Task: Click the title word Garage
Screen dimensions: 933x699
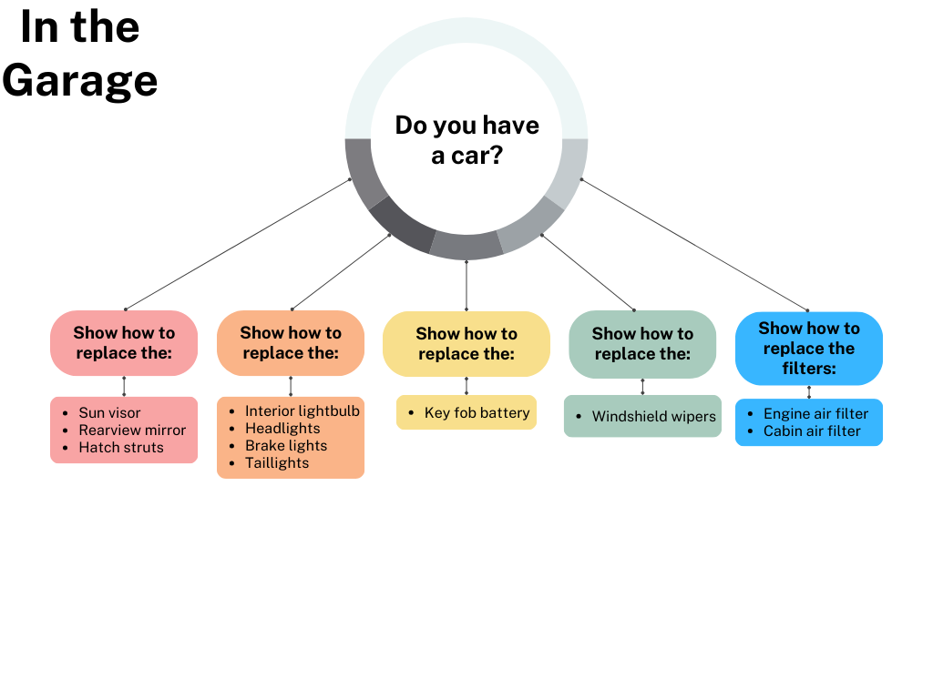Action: click(x=80, y=80)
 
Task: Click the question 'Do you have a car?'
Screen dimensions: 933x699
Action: click(x=466, y=139)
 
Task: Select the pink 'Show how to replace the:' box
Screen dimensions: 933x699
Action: click(x=124, y=343)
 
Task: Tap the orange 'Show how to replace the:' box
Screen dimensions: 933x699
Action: click(x=291, y=343)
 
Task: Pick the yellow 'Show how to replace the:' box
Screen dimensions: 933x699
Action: click(x=466, y=344)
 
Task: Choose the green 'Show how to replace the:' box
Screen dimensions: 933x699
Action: click(x=642, y=344)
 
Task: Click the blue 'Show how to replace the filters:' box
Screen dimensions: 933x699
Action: click(x=809, y=349)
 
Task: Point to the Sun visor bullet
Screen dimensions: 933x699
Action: click(x=109, y=413)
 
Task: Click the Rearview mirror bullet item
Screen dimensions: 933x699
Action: click(x=132, y=431)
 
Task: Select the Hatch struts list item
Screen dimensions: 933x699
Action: click(x=121, y=448)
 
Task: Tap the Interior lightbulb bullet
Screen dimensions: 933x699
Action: click(x=302, y=411)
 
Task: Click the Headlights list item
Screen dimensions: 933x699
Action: click(x=282, y=429)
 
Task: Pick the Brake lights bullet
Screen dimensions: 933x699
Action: click(x=286, y=446)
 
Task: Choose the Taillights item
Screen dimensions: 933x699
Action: click(x=277, y=463)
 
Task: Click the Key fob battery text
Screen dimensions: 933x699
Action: click(x=477, y=413)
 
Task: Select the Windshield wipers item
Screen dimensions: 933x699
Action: click(x=653, y=417)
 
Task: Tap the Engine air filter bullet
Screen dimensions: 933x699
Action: click(x=815, y=414)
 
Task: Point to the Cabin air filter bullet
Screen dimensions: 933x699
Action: click(x=812, y=431)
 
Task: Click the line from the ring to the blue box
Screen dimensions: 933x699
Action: click(x=692, y=244)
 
